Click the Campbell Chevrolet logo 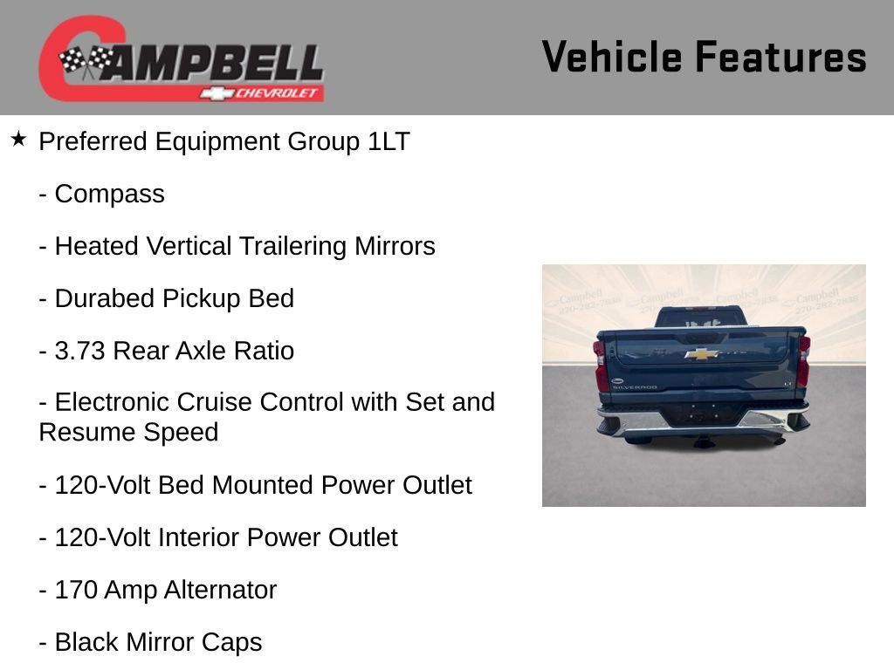pyautogui.click(x=181, y=58)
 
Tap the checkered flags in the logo pyautogui.click(x=86, y=62)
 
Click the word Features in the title pyautogui.click(x=781, y=58)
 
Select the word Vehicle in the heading pyautogui.click(x=612, y=58)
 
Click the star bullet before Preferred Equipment pyautogui.click(x=18, y=140)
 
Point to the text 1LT pyautogui.click(x=388, y=141)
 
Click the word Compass pyautogui.click(x=109, y=194)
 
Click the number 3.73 pyautogui.click(x=80, y=351)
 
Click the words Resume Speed pyautogui.click(x=128, y=432)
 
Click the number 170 pyautogui.click(x=76, y=590)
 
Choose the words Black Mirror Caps pyautogui.click(x=158, y=642)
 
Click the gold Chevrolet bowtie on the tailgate pyautogui.click(x=701, y=353)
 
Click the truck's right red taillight pyautogui.click(x=803, y=361)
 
